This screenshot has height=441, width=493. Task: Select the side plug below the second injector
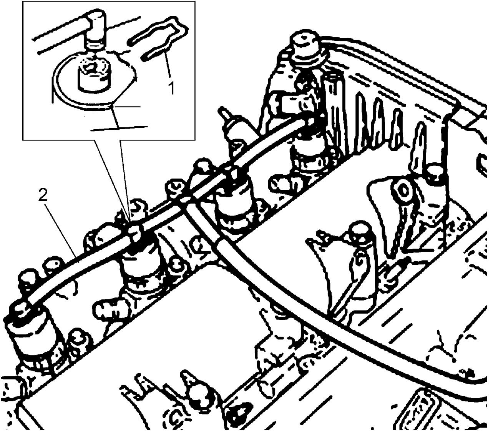click(x=111, y=307)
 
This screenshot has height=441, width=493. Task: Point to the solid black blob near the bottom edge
click(x=237, y=419)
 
